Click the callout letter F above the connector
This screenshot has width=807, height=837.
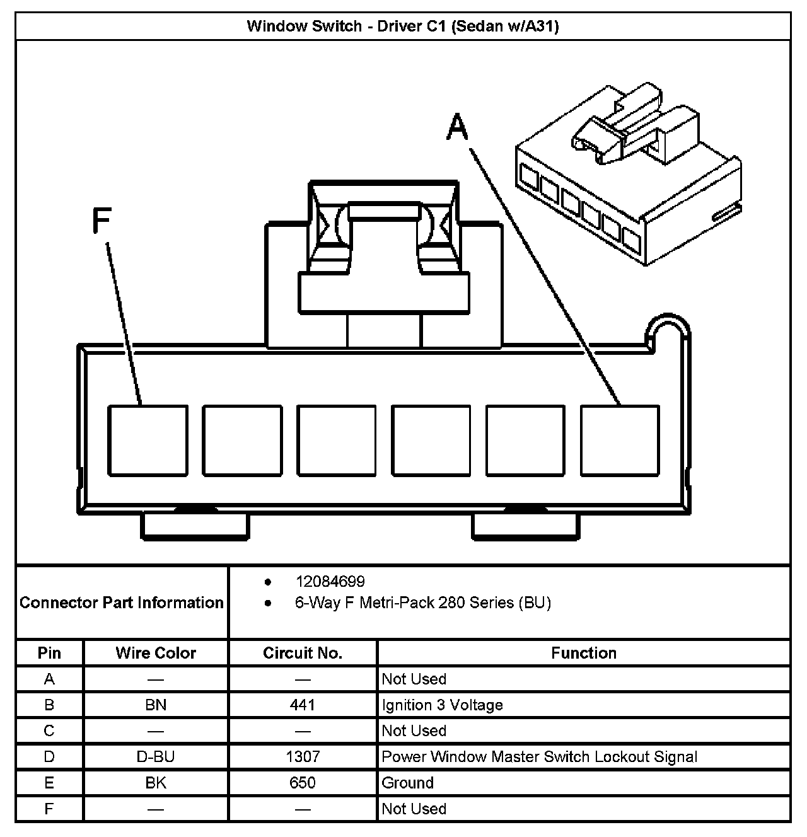pos(101,221)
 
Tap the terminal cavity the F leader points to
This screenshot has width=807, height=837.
pos(148,440)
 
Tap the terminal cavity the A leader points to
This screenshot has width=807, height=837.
pos(620,440)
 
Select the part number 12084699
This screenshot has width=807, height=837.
pos(330,581)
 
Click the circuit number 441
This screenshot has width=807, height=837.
pos(303,705)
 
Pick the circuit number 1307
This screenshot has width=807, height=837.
pos(303,756)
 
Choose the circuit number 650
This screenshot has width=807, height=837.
pos(303,783)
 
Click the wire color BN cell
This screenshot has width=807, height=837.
pos(156,705)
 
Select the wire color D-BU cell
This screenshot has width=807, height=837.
pos(156,756)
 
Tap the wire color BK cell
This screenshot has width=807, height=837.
pos(156,783)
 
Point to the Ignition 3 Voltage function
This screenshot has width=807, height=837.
pos(442,705)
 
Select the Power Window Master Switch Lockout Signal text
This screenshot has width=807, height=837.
pos(539,756)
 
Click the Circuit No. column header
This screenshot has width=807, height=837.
pos(303,653)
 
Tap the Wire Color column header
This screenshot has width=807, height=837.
pos(156,653)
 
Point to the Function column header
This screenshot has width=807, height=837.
pos(584,653)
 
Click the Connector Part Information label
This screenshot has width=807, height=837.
pos(122,603)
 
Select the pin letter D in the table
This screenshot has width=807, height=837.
pos(49,756)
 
